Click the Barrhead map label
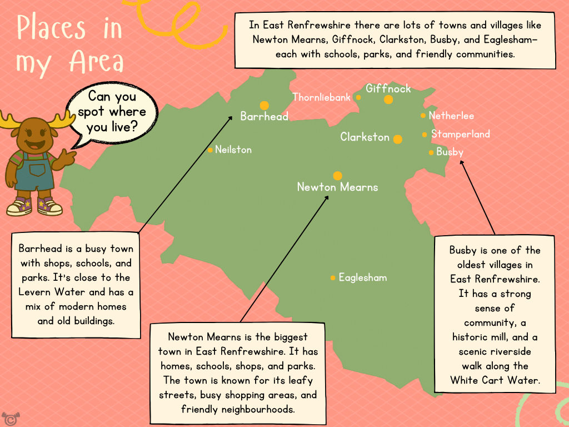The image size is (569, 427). (x=264, y=116)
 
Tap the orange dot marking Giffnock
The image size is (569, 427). (x=388, y=100)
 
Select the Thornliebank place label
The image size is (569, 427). (x=322, y=97)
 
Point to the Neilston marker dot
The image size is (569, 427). (x=210, y=150)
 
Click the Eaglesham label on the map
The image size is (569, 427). (x=363, y=277)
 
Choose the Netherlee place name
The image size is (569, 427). (x=451, y=116)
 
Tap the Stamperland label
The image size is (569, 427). (x=461, y=134)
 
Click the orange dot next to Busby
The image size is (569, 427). (x=431, y=152)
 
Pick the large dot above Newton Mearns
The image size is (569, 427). (x=337, y=176)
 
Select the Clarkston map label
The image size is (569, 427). (x=365, y=137)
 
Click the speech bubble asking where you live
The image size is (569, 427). (x=111, y=112)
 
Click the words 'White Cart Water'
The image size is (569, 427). (x=495, y=380)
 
